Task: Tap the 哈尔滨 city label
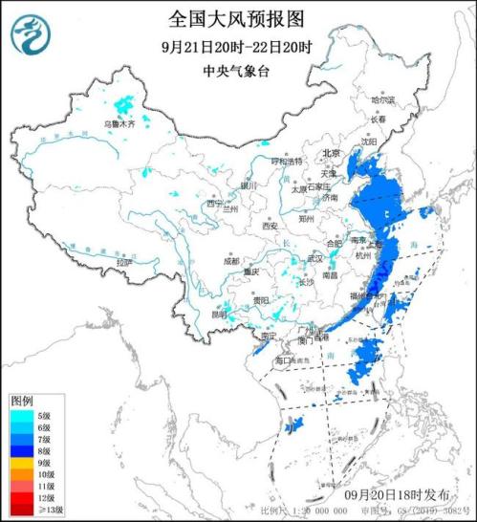[383, 98]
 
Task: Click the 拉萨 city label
[119, 262]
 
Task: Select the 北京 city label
[331, 153]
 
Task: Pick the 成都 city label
[232, 259]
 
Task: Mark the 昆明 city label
[220, 313]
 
